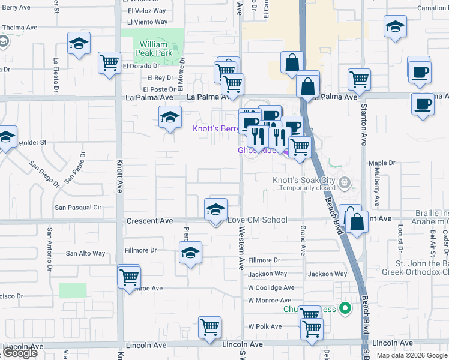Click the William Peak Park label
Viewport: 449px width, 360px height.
click(x=156, y=49)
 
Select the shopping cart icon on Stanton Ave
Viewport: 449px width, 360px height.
click(x=359, y=78)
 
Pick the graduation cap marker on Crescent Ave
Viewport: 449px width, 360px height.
click(x=216, y=209)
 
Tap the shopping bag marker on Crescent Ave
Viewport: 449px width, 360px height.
click(x=357, y=222)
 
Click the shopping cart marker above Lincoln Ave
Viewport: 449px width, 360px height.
click(x=209, y=328)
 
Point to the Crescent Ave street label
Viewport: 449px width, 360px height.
click(x=150, y=221)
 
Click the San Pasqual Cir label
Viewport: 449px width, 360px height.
click(x=78, y=208)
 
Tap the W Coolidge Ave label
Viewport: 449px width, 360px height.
click(x=270, y=288)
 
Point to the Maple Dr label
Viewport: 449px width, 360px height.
click(x=382, y=163)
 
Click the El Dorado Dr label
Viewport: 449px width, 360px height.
click(x=141, y=66)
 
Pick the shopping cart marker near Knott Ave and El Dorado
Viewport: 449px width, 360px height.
click(x=109, y=62)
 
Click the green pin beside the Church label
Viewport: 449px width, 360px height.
click(x=345, y=309)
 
